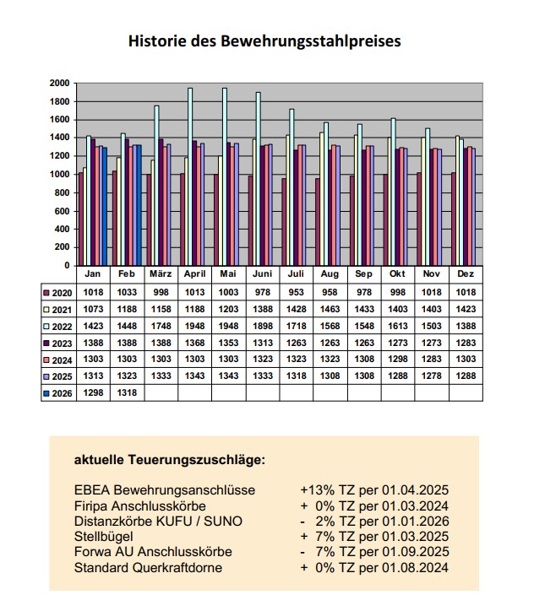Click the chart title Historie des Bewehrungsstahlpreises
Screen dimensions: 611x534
pos(264,41)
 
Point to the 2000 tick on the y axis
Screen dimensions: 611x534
pos(59,84)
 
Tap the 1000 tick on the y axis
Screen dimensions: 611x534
pos(59,175)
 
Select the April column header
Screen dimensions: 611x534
pos(195,274)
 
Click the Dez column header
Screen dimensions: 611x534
pos(464,274)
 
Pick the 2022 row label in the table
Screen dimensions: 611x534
pos(59,326)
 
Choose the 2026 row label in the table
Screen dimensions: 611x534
pos(59,392)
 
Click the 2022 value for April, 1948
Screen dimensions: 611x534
pos(195,326)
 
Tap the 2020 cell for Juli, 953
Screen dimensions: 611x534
pos(296,292)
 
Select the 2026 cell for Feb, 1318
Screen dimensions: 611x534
pos(128,392)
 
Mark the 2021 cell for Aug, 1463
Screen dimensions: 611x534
pos(330,309)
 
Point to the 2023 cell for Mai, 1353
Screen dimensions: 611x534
pos(229,343)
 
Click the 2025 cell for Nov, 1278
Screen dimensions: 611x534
pos(431,376)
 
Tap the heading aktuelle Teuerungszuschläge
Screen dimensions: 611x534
pos(170,460)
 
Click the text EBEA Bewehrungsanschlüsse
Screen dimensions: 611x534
pos(165,490)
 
